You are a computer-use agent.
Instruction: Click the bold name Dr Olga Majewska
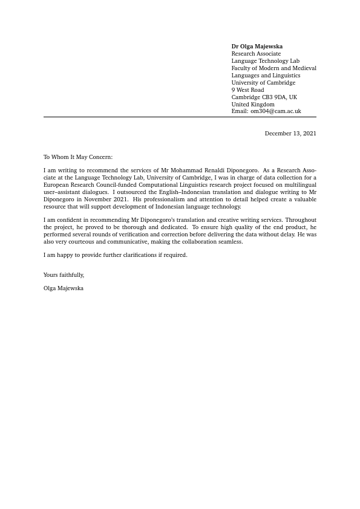tap(257, 47)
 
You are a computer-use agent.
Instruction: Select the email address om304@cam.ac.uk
tap(276, 111)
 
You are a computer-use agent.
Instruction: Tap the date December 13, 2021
tap(290, 134)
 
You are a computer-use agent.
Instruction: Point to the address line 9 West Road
tap(247, 90)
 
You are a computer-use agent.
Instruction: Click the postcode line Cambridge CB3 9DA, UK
tap(264, 97)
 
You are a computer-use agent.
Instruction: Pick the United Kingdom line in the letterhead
tap(252, 105)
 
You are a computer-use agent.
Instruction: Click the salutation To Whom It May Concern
tap(78, 157)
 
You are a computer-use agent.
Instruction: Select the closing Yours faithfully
tap(64, 275)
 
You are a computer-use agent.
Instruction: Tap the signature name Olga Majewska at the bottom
tap(64, 288)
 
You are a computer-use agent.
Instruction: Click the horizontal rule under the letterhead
tap(180, 117)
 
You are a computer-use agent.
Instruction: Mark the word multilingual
tap(300, 185)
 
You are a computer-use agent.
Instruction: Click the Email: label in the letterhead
tap(240, 111)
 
